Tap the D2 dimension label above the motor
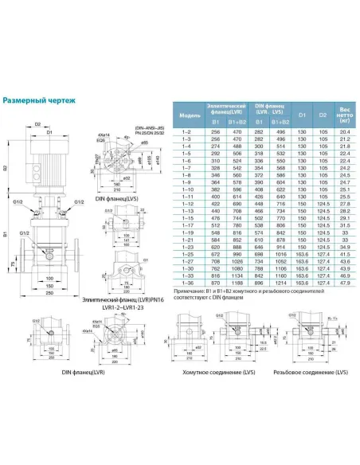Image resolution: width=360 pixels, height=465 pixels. (x=37, y=123)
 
